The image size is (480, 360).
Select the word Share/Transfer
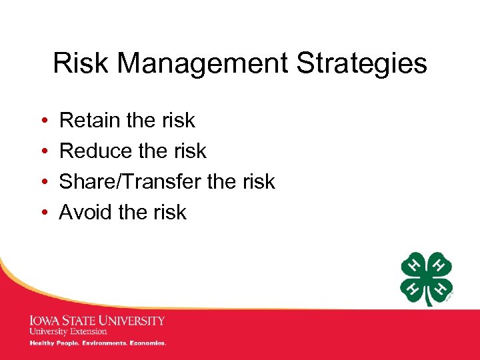(x=137, y=182)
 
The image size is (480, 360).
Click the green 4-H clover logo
(x=427, y=278)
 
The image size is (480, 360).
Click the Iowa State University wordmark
(x=97, y=321)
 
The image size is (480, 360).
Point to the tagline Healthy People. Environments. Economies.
(x=97, y=343)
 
